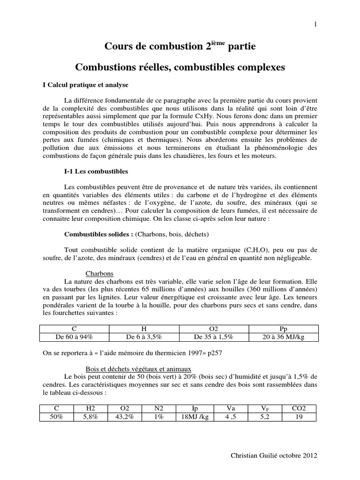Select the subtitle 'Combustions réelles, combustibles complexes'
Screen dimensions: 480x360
(x=180, y=67)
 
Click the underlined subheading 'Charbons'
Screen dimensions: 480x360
(x=100, y=273)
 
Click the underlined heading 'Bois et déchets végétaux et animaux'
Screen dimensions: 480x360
(x=145, y=369)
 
